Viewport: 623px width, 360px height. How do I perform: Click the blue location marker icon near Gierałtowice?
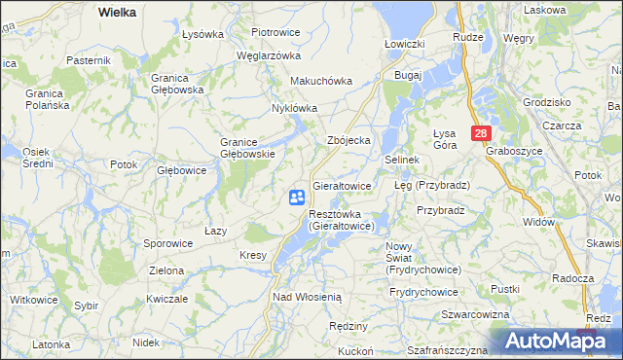pyautogui.click(x=296, y=198)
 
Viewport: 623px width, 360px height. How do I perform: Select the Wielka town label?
pyautogui.click(x=117, y=12)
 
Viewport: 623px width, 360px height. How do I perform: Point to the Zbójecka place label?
pyautogui.click(x=348, y=140)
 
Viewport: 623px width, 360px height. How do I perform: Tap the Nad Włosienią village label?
pyautogui.click(x=307, y=296)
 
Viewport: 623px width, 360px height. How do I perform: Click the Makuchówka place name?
pyautogui.click(x=321, y=82)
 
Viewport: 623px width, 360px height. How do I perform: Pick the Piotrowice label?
pyautogui.click(x=275, y=32)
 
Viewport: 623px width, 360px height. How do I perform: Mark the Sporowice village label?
pyautogui.click(x=167, y=243)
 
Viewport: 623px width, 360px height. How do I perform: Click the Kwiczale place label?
pyautogui.click(x=166, y=300)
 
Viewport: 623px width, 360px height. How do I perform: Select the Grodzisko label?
pyautogui.click(x=546, y=101)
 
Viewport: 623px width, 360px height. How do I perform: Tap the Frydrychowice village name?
pyautogui.click(x=423, y=292)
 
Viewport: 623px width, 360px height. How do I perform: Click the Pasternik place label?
pyautogui.click(x=89, y=60)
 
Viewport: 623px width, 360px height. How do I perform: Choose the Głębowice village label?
pyautogui.click(x=181, y=169)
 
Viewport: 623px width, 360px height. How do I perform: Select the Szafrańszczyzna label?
pyautogui.click(x=447, y=349)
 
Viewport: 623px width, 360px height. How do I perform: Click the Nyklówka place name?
pyautogui.click(x=295, y=108)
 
